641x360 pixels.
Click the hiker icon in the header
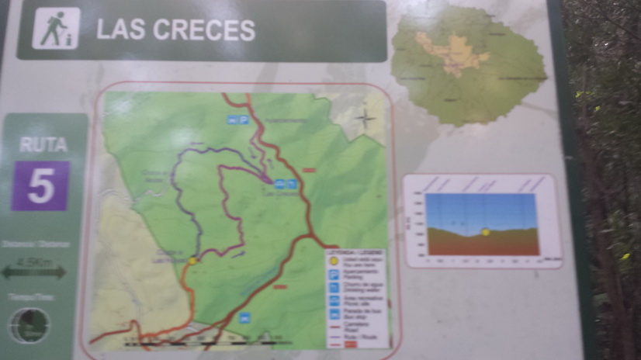[56, 29]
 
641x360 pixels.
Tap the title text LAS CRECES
[175, 29]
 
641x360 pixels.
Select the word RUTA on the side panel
[43, 144]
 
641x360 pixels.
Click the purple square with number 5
[40, 186]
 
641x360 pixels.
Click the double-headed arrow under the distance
[33, 272]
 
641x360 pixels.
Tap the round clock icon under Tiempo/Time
[29, 325]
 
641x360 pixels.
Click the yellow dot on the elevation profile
[486, 231]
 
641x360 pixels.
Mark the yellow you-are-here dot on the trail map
[192, 261]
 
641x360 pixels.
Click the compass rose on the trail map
[365, 119]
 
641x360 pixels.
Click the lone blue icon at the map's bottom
[245, 317]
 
